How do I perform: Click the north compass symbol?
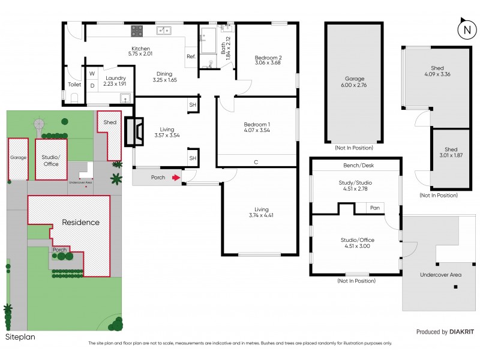pyautogui.click(x=465, y=29)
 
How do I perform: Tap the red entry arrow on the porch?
pyautogui.click(x=175, y=178)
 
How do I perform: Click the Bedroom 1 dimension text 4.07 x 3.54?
pyautogui.click(x=257, y=130)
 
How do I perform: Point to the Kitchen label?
pyautogui.click(x=140, y=49)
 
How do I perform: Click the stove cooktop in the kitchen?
pyautogui.click(x=137, y=29)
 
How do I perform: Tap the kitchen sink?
pyautogui.click(x=163, y=31)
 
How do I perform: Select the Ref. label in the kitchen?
pyautogui.click(x=191, y=56)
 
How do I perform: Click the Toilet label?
pyautogui.click(x=74, y=85)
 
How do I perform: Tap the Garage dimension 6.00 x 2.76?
pyautogui.click(x=355, y=85)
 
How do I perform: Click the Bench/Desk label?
pyautogui.click(x=355, y=164)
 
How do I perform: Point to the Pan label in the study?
pyautogui.click(x=375, y=208)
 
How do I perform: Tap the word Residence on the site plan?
pyautogui.click(x=81, y=222)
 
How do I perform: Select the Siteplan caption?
pyautogui.click(x=20, y=337)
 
